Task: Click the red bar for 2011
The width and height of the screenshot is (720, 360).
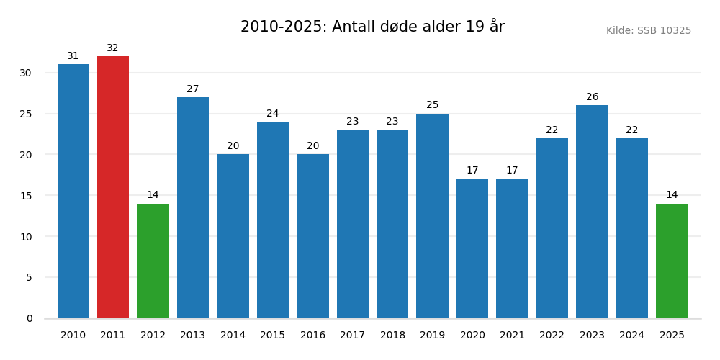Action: pyautogui.click(x=113, y=187)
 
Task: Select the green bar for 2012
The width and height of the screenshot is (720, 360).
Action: pyautogui.click(x=153, y=261)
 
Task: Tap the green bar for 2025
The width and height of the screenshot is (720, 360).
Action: pyautogui.click(x=672, y=261)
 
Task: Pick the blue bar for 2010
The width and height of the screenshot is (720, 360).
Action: pyautogui.click(x=73, y=191)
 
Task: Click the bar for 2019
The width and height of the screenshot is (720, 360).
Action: pyautogui.click(x=432, y=216)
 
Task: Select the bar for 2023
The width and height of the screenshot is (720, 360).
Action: pyautogui.click(x=592, y=212)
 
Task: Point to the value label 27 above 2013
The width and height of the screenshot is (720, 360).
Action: pyautogui.click(x=193, y=89)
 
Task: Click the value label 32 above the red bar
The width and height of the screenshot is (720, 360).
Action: pyautogui.click(x=113, y=48)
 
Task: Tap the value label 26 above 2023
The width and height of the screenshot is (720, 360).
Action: pyautogui.click(x=592, y=97)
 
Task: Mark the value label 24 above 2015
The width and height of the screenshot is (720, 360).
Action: pyautogui.click(x=273, y=114)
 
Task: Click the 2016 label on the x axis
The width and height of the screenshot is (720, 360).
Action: pyautogui.click(x=312, y=336)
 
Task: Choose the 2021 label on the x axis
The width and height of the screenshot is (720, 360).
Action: pyautogui.click(x=512, y=336)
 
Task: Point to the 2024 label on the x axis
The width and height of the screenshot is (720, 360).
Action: pyautogui.click(x=631, y=336)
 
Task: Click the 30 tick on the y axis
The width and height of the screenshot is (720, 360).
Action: pyautogui.click(x=25, y=73)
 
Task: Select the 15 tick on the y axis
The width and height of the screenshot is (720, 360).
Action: pyautogui.click(x=25, y=196)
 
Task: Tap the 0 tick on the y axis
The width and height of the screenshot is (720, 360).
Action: pyautogui.click(x=29, y=318)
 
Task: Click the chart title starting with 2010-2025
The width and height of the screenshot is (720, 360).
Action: pyautogui.click(x=372, y=27)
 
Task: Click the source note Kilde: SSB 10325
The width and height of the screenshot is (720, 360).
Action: pyautogui.click(x=648, y=31)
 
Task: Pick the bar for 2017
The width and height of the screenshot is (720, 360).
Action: pyautogui.click(x=352, y=224)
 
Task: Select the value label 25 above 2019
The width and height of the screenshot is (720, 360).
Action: pyautogui.click(x=432, y=105)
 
